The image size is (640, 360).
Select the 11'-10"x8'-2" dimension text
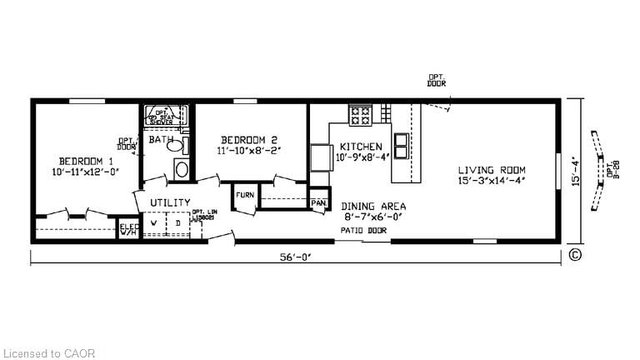pyautogui.click(x=250, y=151)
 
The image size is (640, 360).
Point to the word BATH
pyautogui.click(x=160, y=140)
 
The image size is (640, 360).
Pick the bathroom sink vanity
pyautogui.click(x=181, y=168)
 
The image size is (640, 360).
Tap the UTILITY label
pyautogui.click(x=170, y=203)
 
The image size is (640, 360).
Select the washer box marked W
pyautogui.click(x=154, y=222)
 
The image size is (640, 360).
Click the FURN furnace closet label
pyautogui.click(x=245, y=195)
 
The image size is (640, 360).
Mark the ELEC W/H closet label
pyautogui.click(x=129, y=230)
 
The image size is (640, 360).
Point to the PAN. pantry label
pyautogui.click(x=319, y=203)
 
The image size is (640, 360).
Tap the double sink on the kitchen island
pyautogui.click(x=401, y=146)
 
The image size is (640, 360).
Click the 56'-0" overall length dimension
pyautogui.click(x=297, y=257)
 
